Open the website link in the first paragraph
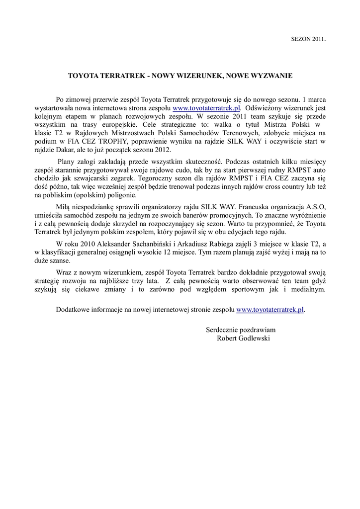[206, 107]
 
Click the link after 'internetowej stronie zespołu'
[270, 309]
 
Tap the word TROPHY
[114, 141]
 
